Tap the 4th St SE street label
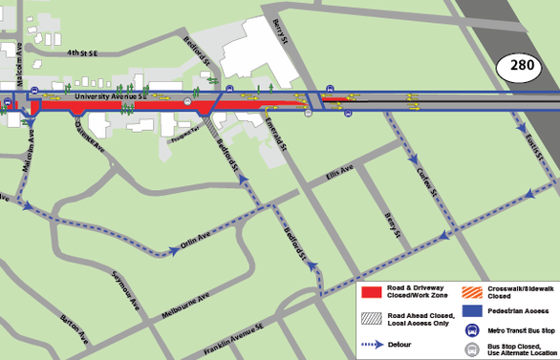click(90, 53)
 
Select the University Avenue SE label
click(111, 95)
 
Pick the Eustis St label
click(534, 145)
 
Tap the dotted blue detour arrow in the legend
click(377, 343)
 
